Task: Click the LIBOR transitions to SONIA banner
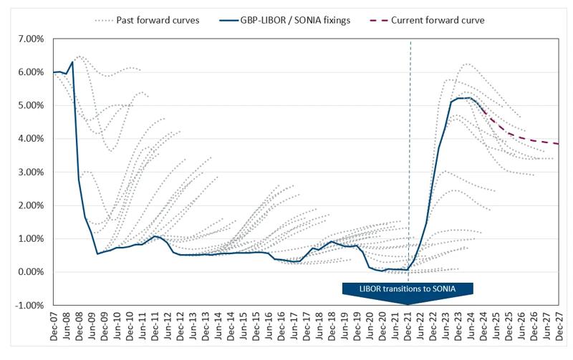point(408,288)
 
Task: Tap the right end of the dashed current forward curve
point(557,144)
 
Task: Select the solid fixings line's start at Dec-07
point(54,72)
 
